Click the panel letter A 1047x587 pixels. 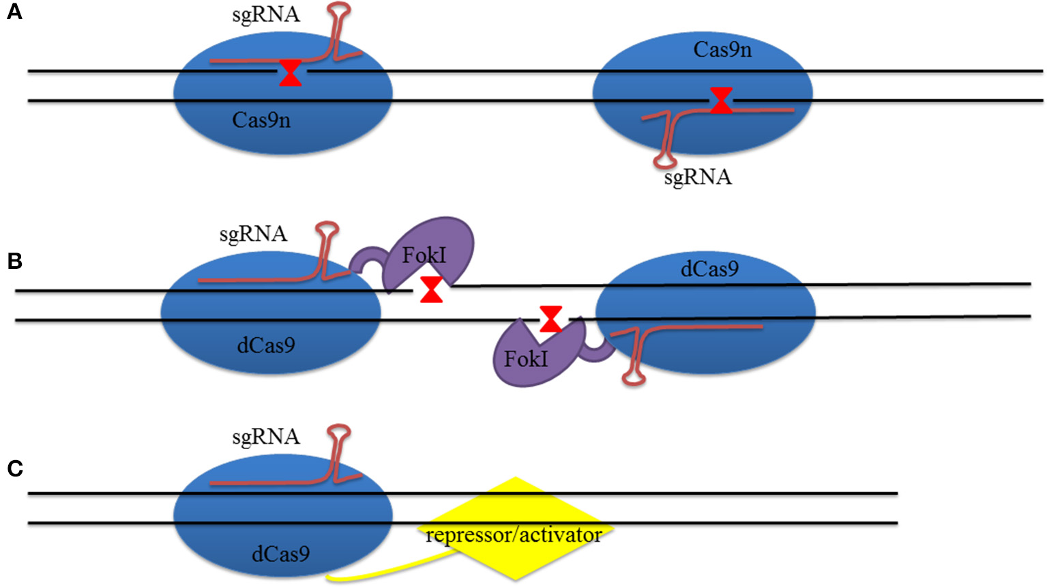point(14,12)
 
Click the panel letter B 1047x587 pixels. point(14,261)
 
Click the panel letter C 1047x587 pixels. point(15,468)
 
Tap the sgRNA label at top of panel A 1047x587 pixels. point(265,14)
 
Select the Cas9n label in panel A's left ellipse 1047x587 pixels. point(261,120)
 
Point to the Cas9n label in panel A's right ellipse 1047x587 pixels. point(722,50)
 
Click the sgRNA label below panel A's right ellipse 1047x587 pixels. point(698,177)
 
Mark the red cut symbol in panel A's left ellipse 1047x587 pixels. point(291,73)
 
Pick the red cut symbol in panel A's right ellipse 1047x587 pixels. point(721,100)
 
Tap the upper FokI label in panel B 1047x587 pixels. point(424,255)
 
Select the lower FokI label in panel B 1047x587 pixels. point(525,358)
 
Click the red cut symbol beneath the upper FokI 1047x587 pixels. point(431,289)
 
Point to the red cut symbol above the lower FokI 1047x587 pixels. point(550,319)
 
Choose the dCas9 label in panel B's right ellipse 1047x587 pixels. point(709,269)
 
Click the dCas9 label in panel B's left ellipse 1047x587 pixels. point(266,345)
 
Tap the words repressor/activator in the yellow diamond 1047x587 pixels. point(514,534)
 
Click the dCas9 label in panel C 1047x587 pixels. point(280,554)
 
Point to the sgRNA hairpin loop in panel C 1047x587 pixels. point(339,432)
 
